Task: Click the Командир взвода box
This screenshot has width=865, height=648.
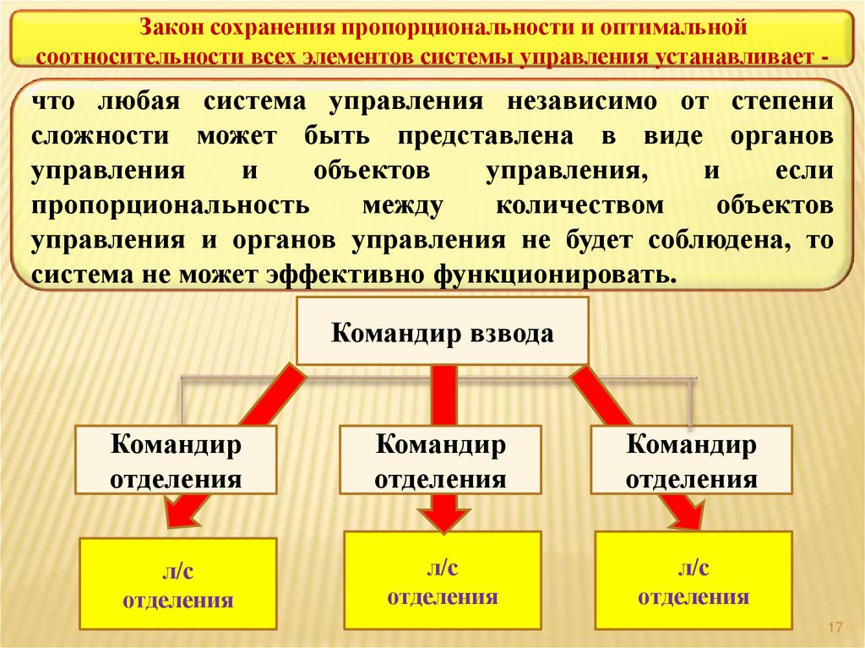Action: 442,331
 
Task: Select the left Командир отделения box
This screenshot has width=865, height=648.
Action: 177,461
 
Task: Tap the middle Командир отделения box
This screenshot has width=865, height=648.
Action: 440,461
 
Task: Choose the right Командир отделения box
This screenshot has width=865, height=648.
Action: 691,461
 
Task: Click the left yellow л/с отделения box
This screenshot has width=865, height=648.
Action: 178,584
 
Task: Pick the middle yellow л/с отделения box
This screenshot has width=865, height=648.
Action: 443,580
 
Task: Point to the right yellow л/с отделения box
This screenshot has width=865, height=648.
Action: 694,580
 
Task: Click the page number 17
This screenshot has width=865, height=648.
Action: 836,628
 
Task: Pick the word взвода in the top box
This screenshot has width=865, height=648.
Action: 511,333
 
